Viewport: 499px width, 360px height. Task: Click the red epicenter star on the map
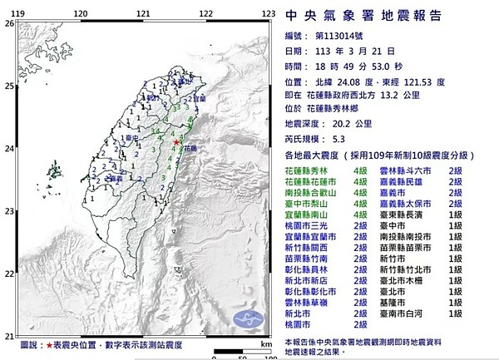(177, 143)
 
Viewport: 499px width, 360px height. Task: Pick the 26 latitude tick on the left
(7, 23)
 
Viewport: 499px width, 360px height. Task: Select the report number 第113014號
(340, 36)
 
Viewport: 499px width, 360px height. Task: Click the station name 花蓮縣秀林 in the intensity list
(307, 170)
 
